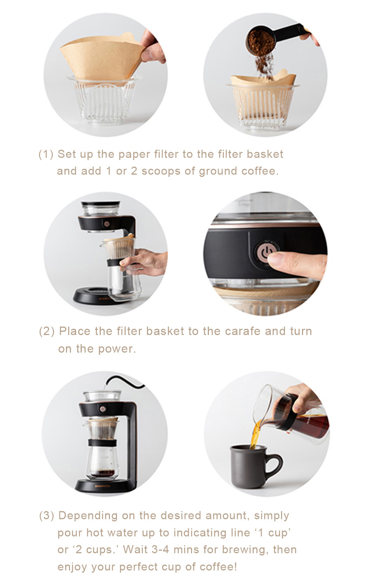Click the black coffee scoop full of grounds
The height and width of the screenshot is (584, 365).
271,39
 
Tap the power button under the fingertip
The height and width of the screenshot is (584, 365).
265,251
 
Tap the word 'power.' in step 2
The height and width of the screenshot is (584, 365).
117,349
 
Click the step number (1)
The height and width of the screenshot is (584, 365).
46,154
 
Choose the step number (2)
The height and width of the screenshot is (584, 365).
47,331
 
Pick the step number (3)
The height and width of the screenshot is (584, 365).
47,516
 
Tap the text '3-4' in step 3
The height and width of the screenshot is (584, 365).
160,550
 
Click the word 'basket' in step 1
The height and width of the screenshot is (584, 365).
265,154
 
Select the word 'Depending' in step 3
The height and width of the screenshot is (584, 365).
88,516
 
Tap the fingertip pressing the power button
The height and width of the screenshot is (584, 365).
277,258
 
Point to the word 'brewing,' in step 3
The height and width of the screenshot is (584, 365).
245,550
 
